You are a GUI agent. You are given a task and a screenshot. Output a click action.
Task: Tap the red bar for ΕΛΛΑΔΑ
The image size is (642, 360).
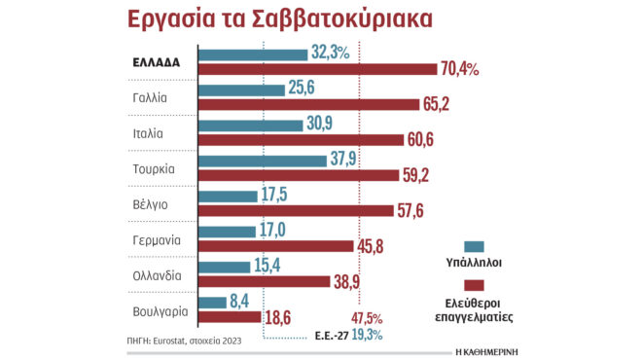317,68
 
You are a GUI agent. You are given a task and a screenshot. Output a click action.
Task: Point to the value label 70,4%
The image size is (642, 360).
460,68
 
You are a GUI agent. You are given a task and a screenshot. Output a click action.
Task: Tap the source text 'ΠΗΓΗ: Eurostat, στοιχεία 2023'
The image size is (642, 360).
184,341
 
